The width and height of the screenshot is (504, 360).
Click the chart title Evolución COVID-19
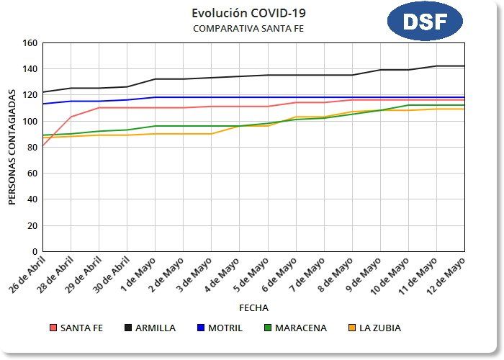[x=239, y=13]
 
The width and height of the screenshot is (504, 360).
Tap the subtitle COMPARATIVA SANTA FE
[x=239, y=28]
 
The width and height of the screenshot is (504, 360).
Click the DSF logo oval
[x=424, y=22]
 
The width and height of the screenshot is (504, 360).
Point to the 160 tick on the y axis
[x=30, y=42]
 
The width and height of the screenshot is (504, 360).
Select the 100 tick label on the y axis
[x=30, y=121]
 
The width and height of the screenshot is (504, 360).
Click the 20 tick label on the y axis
[x=32, y=225]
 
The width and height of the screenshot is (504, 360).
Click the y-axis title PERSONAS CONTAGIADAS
[x=12, y=147]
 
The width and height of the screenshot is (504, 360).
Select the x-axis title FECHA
[x=253, y=307]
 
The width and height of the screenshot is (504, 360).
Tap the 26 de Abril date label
[x=27, y=274]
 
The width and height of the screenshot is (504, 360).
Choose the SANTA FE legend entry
[x=76, y=328]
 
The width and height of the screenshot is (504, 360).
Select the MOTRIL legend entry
[x=220, y=328]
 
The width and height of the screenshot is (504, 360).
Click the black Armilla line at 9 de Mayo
[x=380, y=70]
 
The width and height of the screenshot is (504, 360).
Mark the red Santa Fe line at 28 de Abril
[x=71, y=117]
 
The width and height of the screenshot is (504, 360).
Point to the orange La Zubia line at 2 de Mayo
[x=184, y=134]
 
